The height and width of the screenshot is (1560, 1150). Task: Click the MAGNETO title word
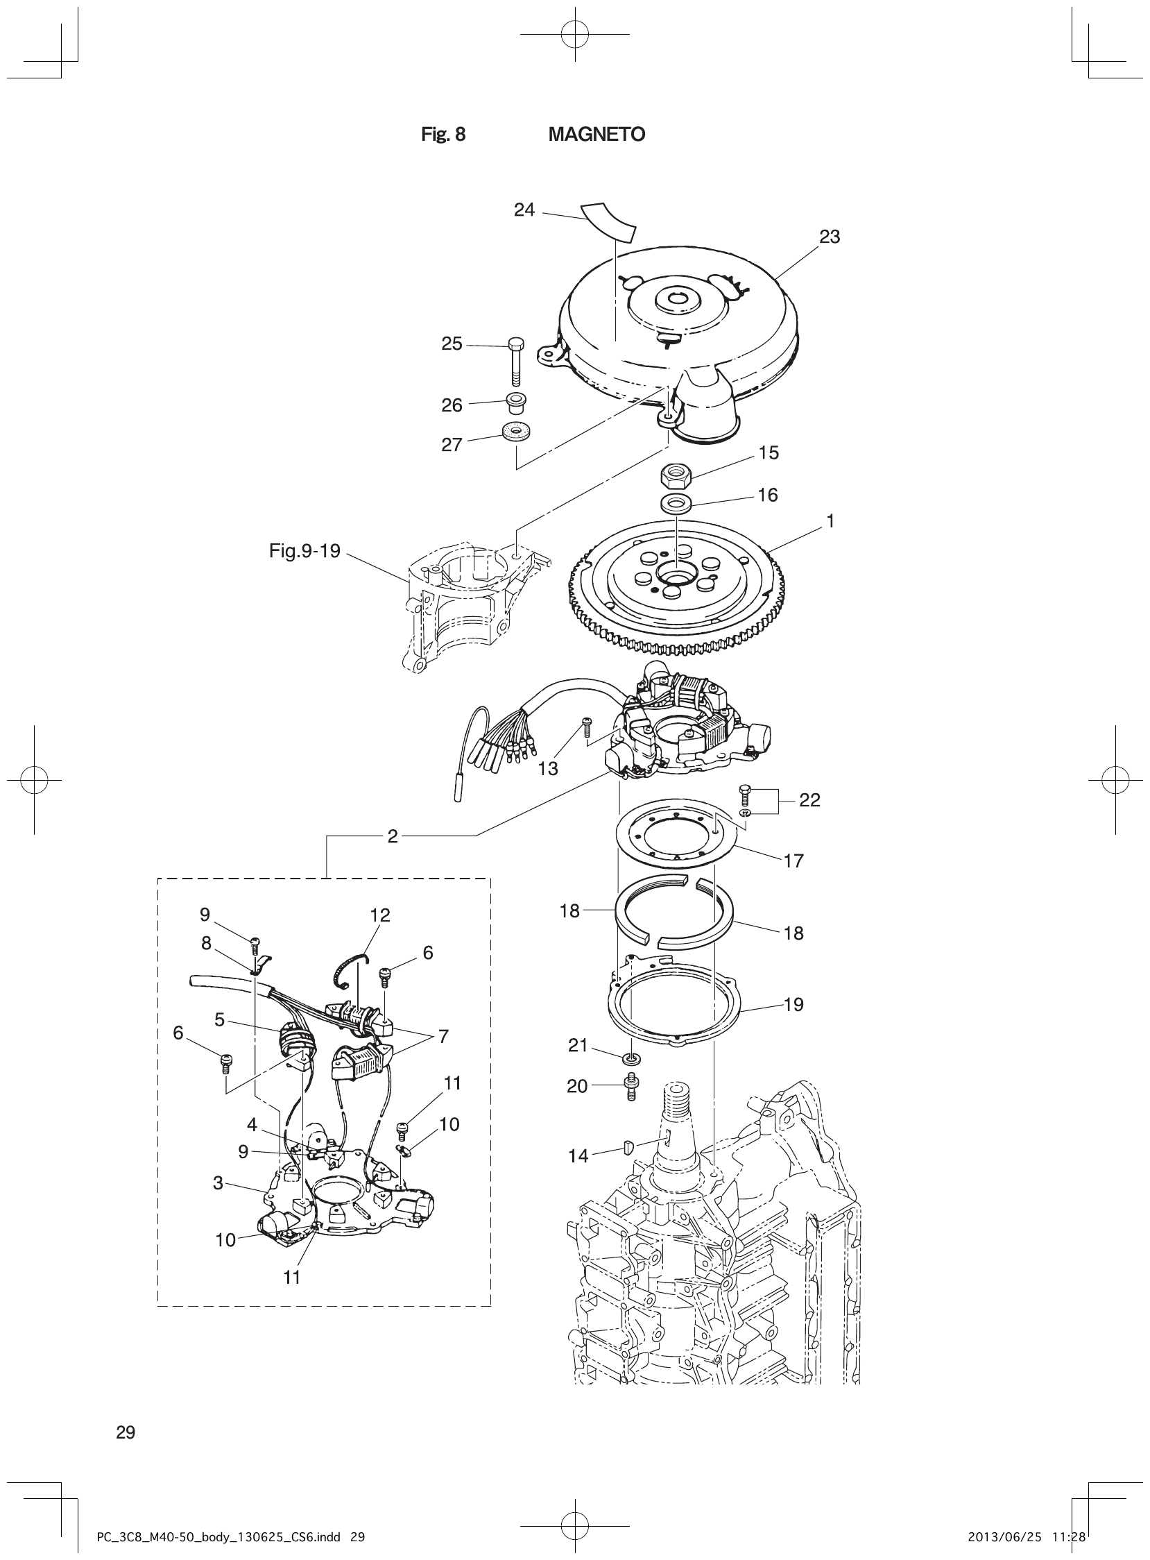pos(597,135)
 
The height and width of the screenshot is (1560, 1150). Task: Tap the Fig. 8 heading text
pos(443,135)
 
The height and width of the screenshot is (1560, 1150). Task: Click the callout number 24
pos(524,210)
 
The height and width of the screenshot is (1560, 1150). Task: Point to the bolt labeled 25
pos(516,362)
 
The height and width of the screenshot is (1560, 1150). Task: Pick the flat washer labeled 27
pos(516,433)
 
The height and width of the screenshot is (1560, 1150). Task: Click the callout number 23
pos(829,237)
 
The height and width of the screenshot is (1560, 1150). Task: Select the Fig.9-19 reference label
pos(305,551)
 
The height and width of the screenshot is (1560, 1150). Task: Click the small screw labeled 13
pos(586,727)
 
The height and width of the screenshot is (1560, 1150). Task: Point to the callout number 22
pos(809,800)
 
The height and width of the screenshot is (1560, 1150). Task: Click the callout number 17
pos(793,860)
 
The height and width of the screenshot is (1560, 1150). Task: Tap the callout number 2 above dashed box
pos(393,836)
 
